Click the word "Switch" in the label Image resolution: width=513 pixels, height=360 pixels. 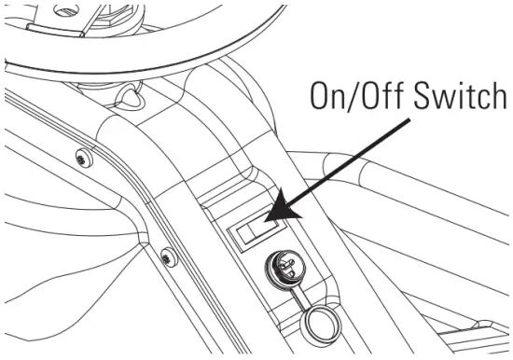(451, 96)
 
